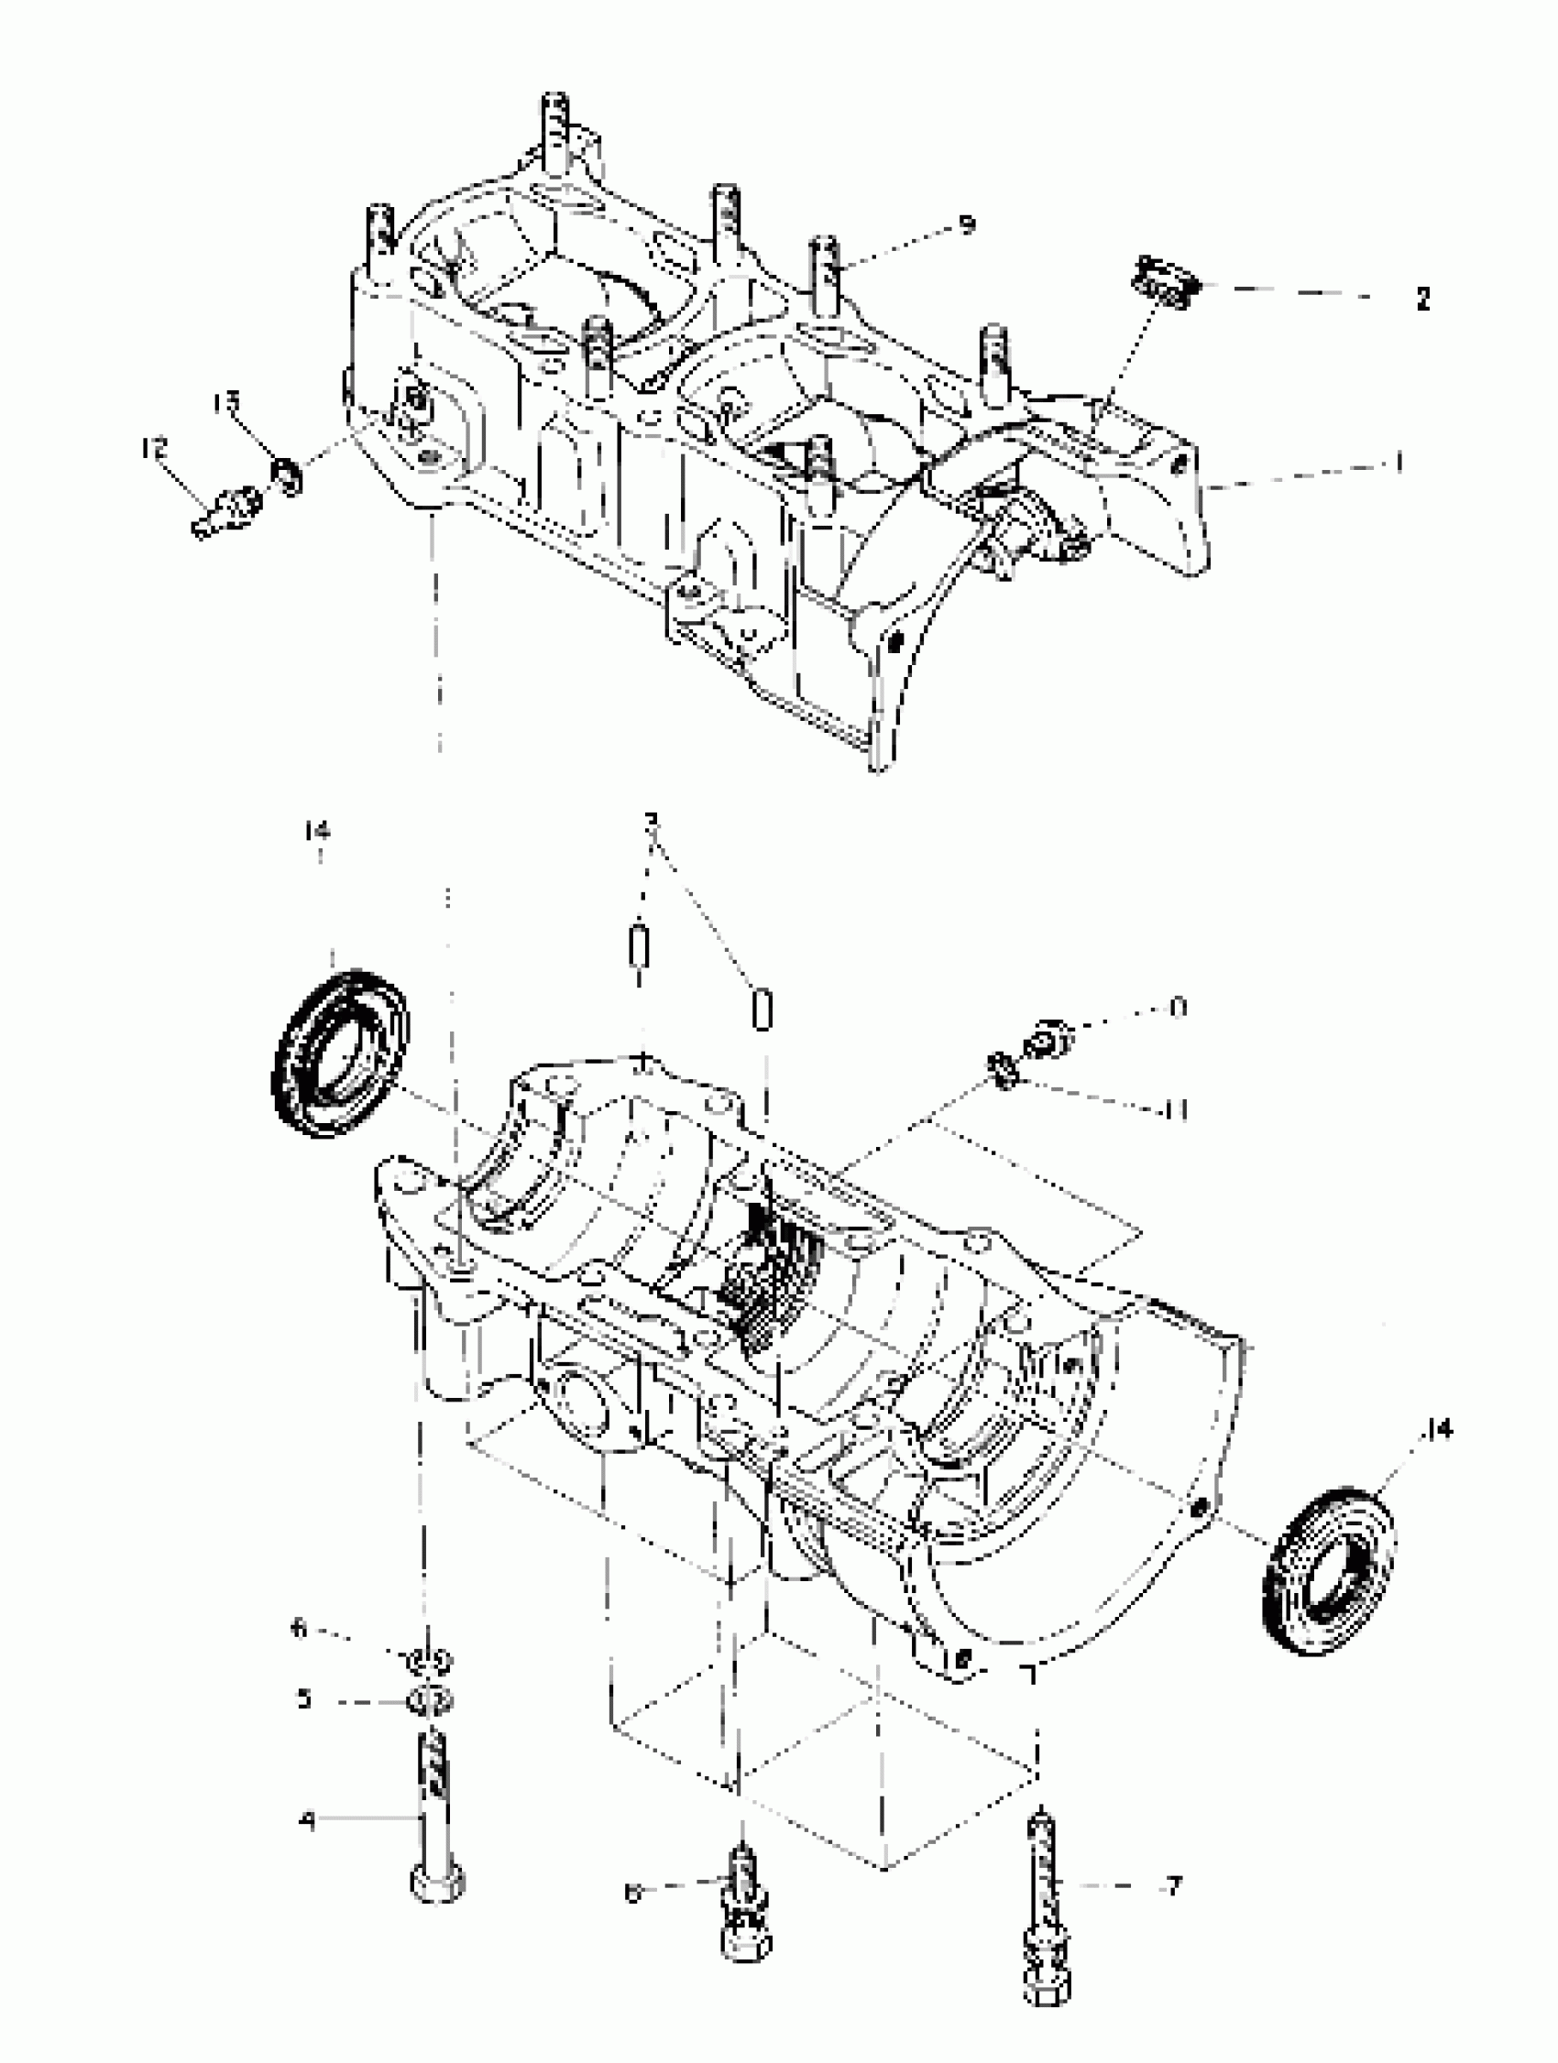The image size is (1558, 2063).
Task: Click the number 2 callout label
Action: [1422, 300]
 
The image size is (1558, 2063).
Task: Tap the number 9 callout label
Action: [968, 224]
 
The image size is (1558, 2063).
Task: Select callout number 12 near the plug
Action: [154, 449]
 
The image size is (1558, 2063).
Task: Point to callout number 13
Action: [225, 403]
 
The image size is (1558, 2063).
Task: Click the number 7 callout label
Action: [1174, 1887]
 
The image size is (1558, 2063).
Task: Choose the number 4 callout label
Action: [307, 1819]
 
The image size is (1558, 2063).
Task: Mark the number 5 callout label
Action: [304, 1698]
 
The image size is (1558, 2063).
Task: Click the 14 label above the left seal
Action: [318, 830]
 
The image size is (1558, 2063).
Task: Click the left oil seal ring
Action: [341, 1053]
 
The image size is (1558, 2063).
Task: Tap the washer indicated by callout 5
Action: [430, 1701]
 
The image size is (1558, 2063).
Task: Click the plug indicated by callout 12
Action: [227, 512]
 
